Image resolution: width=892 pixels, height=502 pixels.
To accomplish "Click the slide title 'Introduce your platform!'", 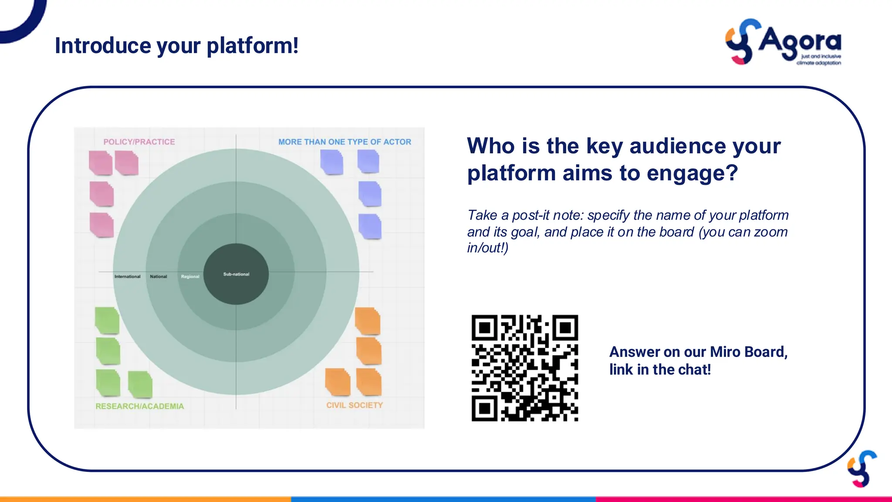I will pos(176,46).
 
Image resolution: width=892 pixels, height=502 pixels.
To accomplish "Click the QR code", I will pos(524,368).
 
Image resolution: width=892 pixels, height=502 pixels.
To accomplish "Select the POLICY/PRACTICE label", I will pos(139,142).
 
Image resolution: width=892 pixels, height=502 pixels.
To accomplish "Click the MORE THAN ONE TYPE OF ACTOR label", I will pos(345,142).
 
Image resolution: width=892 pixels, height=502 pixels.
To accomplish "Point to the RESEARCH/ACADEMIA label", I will pos(139,406).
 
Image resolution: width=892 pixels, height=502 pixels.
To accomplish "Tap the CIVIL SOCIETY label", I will pos(355,405).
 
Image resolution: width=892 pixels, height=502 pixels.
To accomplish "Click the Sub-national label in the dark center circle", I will pos(236,274).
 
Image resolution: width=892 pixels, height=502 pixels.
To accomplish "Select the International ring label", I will pos(127,277).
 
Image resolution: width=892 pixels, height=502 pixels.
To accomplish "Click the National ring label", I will pos(158,277).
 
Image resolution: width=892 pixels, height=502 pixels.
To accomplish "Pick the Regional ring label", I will pos(190,277).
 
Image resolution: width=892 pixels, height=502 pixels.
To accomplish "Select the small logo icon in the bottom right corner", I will pos(862,469).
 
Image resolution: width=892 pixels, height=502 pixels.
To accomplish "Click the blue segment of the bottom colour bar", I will pos(443,499).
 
